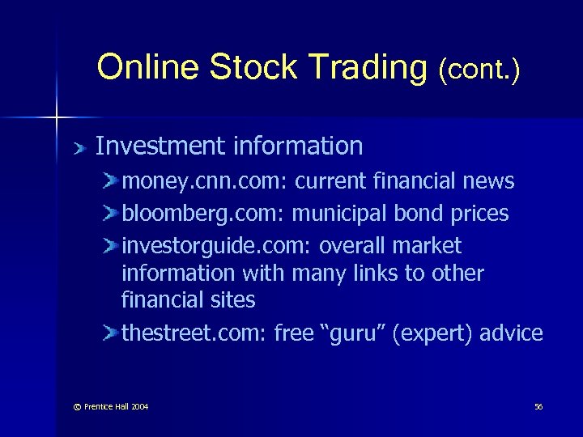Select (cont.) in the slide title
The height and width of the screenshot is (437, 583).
point(479,70)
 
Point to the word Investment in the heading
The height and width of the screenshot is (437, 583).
point(160,146)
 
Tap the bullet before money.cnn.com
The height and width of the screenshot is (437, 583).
point(111,181)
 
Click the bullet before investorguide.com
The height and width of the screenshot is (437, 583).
point(111,246)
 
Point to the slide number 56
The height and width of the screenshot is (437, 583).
point(538,406)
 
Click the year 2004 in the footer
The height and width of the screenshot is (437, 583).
point(138,406)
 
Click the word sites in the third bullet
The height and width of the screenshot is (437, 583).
point(233,301)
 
